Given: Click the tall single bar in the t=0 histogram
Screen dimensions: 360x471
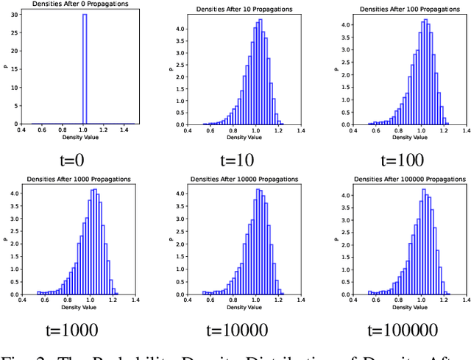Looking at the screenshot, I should tap(85, 69).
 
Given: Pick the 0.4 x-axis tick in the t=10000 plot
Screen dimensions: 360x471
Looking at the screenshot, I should tap(188, 301).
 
